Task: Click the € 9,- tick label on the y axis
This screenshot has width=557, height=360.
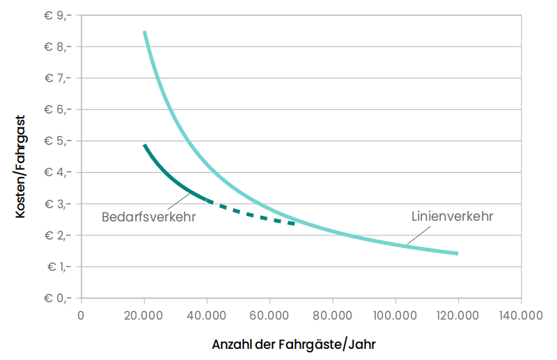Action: (58, 15)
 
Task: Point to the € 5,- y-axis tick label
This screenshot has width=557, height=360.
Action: (58, 141)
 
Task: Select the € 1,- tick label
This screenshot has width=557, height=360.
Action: (58, 267)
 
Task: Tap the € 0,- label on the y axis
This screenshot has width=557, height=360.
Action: (58, 298)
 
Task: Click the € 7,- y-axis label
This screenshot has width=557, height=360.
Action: (58, 78)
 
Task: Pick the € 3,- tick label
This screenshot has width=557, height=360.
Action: (58, 204)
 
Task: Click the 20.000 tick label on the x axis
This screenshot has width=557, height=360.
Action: (144, 315)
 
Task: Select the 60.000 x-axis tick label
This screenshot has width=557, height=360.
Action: (269, 315)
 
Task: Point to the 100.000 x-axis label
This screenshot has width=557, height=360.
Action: (395, 315)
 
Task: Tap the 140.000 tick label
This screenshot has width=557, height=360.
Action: (521, 315)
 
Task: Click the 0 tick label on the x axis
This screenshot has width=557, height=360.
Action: (81, 315)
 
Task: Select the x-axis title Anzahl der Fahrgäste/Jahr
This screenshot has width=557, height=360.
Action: (298, 344)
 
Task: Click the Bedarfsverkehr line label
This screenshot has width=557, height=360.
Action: (148, 217)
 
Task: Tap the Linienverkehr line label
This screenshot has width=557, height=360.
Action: (453, 217)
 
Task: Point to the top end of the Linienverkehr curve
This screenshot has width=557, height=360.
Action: (144, 32)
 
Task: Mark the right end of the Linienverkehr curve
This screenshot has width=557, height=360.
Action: (457, 253)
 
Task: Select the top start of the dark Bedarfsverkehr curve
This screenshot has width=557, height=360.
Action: (145, 146)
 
